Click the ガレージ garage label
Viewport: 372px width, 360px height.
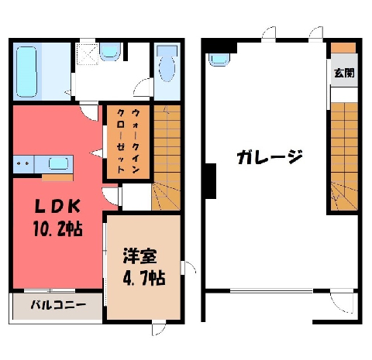point(270,157)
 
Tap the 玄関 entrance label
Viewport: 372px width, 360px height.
point(344,73)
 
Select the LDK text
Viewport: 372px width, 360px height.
point(57,206)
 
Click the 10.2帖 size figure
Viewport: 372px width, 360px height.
point(57,228)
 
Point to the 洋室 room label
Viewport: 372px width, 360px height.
point(139,255)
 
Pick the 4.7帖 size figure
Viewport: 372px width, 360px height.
point(144,277)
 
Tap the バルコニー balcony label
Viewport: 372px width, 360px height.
point(58,305)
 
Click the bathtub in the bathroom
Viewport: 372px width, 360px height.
point(26,72)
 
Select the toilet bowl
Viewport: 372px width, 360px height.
point(167,64)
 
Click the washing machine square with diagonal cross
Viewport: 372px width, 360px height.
point(87,54)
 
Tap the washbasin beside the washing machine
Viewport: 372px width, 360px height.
point(110,52)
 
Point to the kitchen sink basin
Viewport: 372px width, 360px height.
point(59,163)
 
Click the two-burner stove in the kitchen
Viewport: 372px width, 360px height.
point(23,164)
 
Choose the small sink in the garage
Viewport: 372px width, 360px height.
point(219,60)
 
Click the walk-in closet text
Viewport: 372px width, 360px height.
point(128,141)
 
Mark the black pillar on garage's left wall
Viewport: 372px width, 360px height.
point(211,181)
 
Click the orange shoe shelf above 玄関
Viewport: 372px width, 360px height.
point(343,48)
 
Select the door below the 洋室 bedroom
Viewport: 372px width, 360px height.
point(158,327)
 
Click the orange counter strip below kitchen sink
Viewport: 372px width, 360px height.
point(57,178)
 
